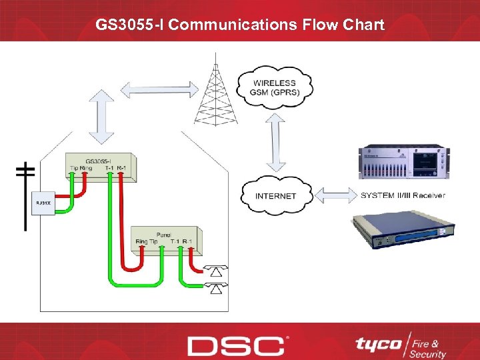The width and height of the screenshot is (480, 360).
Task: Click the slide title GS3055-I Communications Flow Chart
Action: click(240, 25)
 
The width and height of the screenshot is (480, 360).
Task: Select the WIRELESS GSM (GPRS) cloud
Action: click(275, 88)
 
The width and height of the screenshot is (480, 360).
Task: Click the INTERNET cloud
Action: click(275, 195)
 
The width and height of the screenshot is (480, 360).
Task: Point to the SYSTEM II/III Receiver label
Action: click(403, 195)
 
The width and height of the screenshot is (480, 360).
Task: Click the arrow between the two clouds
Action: click(275, 142)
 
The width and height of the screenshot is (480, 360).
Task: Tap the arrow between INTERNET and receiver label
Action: click(335, 195)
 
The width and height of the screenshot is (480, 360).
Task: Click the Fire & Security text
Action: click(429, 345)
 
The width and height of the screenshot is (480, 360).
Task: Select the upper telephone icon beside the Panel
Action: click(215, 270)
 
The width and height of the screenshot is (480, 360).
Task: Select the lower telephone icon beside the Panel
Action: click(215, 288)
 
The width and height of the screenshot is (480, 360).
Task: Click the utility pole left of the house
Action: click(25, 193)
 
